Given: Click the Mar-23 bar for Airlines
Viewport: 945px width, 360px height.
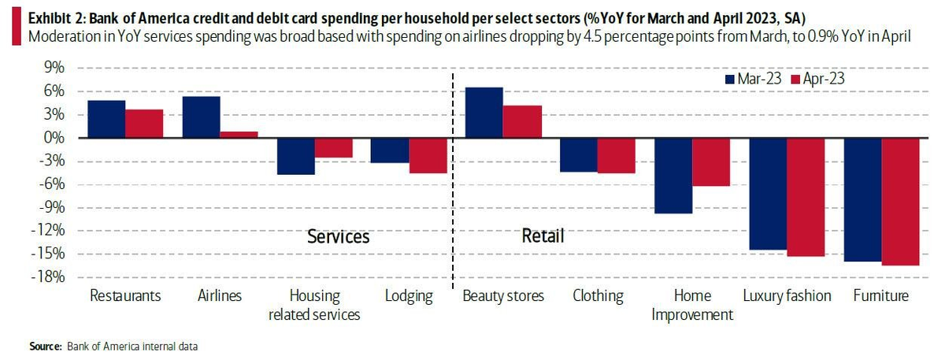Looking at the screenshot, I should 201,117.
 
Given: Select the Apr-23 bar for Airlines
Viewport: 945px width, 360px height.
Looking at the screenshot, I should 239,135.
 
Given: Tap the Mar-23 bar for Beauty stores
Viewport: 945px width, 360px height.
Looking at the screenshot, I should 484,113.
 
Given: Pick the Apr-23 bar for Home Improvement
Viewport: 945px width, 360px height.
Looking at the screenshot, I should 711,162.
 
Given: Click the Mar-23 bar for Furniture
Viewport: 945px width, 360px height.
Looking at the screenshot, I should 862,200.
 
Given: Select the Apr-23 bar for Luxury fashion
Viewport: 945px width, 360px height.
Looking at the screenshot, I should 806,197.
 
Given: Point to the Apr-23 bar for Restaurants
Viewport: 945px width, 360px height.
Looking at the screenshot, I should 144,124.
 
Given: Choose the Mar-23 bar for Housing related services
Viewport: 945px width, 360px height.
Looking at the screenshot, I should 295,156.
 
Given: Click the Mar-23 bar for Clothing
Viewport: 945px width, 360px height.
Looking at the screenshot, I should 579,155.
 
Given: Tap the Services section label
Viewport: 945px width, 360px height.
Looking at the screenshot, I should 338,236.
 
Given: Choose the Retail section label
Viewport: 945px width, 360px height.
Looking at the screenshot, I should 543,236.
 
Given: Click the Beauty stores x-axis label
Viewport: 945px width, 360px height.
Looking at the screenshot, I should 503,296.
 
